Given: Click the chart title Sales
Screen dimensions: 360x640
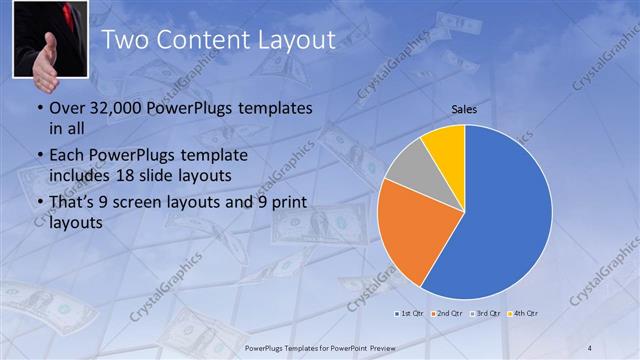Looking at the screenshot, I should (464, 108).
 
